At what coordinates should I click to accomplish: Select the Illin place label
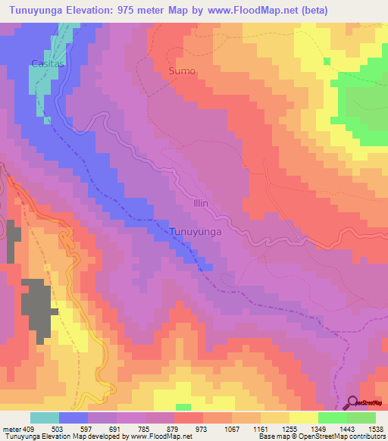click(x=200, y=204)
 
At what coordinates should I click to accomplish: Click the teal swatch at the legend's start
click(x=45, y=418)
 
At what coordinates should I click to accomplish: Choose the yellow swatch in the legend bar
click(x=303, y=418)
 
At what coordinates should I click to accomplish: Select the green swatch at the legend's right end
click(x=361, y=418)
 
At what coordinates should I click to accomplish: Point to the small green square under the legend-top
click(x=183, y=407)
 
